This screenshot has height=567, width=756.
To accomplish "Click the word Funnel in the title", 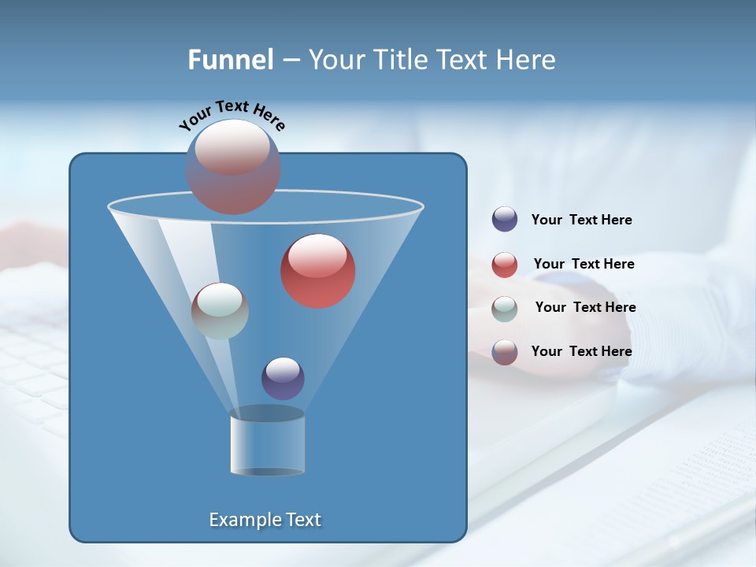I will [231, 60].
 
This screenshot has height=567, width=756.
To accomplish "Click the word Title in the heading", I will [401, 60].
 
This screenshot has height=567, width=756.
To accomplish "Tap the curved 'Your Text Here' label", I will [232, 115].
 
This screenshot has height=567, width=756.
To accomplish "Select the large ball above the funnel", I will [233, 167].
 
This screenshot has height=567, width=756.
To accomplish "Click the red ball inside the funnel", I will [318, 271].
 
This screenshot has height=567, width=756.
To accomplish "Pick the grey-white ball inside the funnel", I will [220, 311].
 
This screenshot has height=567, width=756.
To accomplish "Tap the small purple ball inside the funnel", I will [283, 379].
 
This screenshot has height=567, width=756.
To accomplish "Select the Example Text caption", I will [265, 520].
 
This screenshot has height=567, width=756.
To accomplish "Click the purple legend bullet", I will [505, 219].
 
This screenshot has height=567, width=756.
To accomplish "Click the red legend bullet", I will [505, 265].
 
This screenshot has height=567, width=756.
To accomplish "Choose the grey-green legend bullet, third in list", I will [505, 309].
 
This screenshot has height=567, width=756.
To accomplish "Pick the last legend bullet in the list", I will [505, 352].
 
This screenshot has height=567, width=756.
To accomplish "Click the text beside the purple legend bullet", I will [581, 220].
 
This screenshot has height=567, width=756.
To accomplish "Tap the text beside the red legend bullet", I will [584, 264].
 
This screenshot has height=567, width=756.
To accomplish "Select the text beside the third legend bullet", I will [585, 307].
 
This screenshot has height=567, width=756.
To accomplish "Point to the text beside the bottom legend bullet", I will [581, 351].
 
